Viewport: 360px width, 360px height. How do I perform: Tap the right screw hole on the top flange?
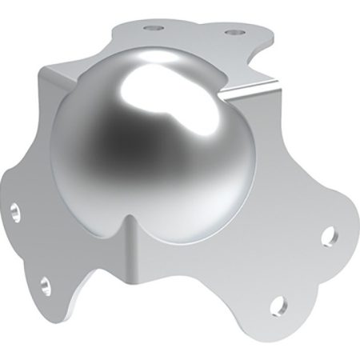click(233, 34)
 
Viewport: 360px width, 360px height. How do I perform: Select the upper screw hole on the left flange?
click(16, 211)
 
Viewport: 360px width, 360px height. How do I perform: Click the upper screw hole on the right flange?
click(328, 237)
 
